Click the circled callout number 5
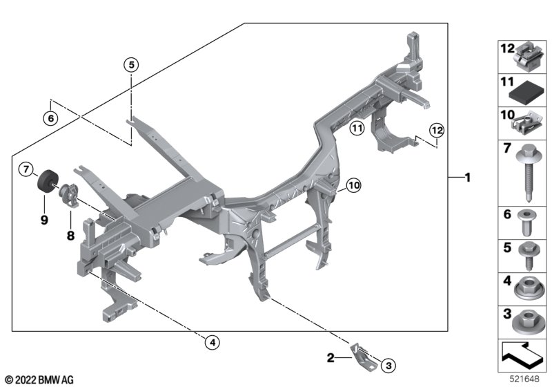pyautogui.click(x=131, y=65)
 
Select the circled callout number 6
pyautogui.click(x=49, y=118)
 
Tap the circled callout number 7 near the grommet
pyautogui.click(x=25, y=169)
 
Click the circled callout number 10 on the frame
pyautogui.click(x=353, y=185)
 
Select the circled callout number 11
pyautogui.click(x=356, y=127)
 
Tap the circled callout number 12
pyautogui.click(x=436, y=129)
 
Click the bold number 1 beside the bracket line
pyautogui.click(x=467, y=178)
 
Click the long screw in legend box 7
pyautogui.click(x=529, y=169)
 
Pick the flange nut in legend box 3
pyautogui.click(x=529, y=321)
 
